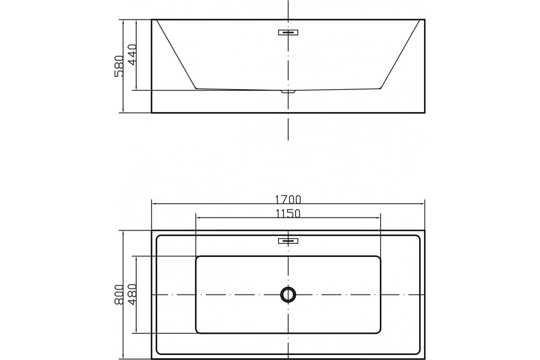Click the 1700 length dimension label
pyautogui.click(x=288, y=199)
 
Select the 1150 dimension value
pyautogui.click(x=288, y=213)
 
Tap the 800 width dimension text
pyautogui.click(x=119, y=295)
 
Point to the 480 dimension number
pyautogui.click(x=132, y=294)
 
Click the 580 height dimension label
pyautogui.click(x=119, y=66)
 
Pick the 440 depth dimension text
pyautogui.click(x=132, y=55)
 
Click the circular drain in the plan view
pyautogui.click(x=288, y=295)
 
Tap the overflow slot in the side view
pyautogui.click(x=288, y=32)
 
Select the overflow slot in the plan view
pyautogui.click(x=288, y=241)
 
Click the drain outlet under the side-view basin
pyautogui.click(x=288, y=92)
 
